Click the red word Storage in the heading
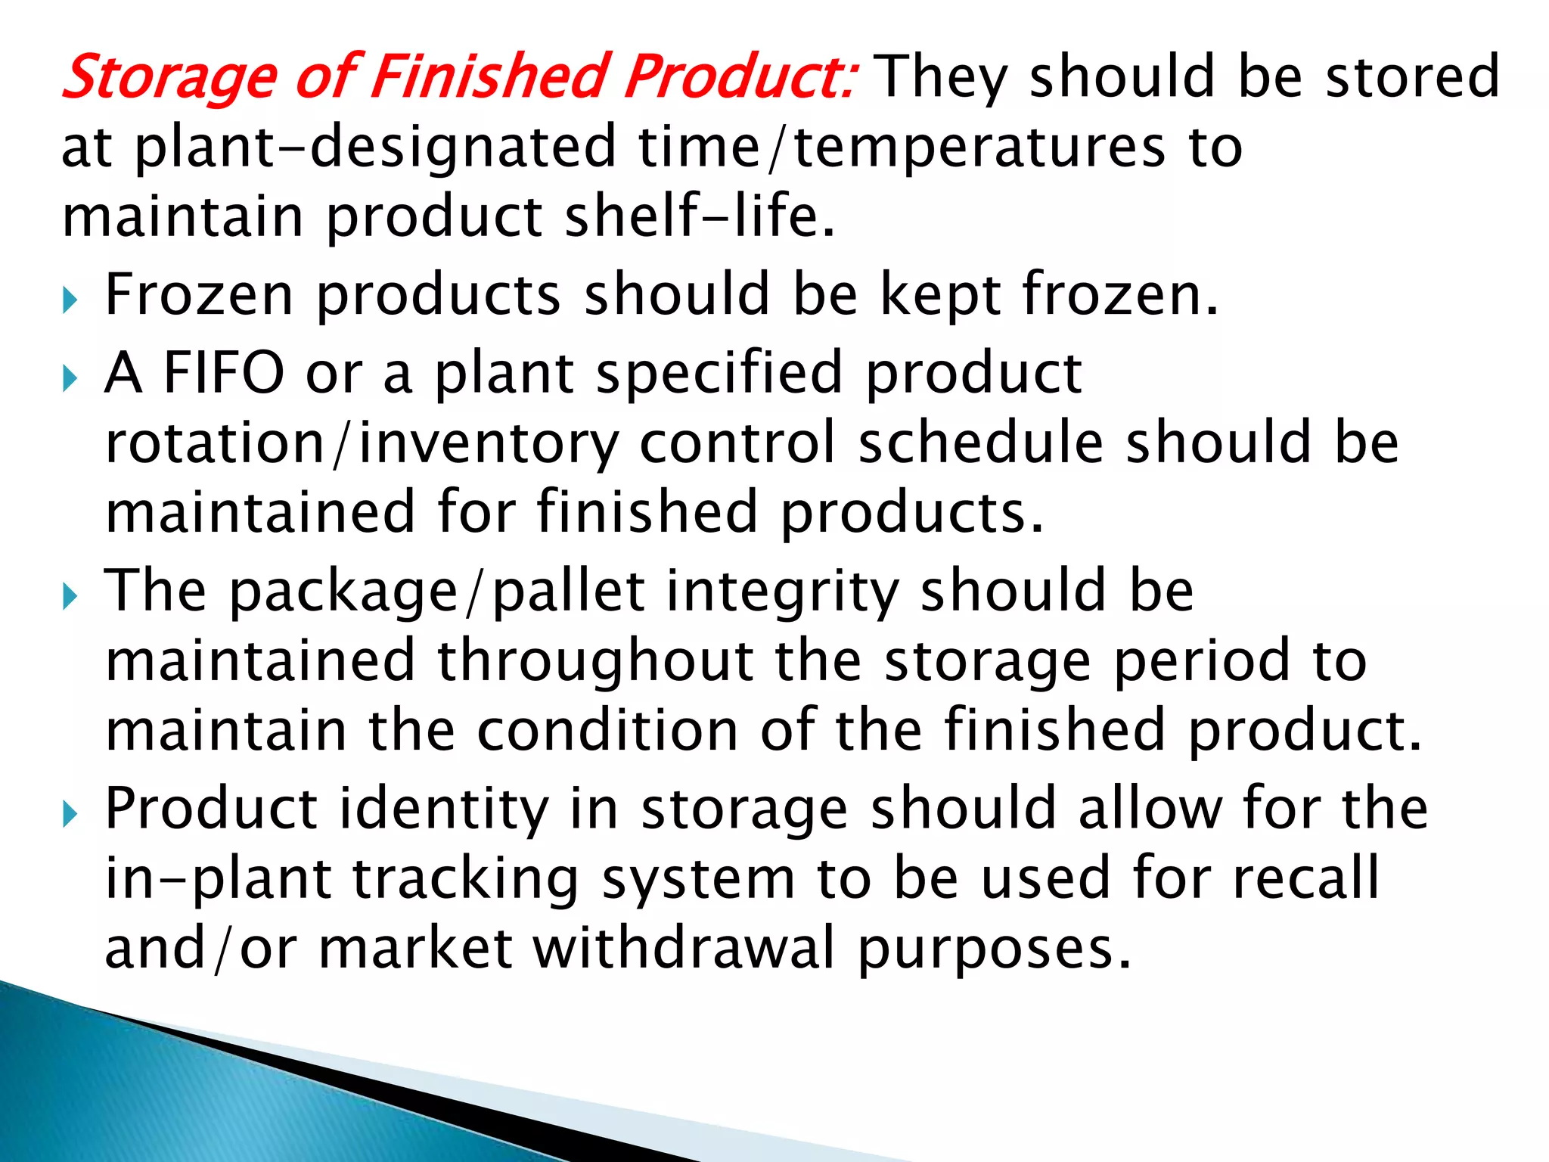[x=169, y=78]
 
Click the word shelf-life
[x=700, y=216]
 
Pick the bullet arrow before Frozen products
[x=70, y=300]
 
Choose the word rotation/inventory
[x=362, y=443]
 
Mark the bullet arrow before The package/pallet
[x=70, y=597]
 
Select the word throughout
[x=595, y=660]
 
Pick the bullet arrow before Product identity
[x=70, y=815]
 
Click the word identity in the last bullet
[x=442, y=809]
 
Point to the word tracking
[x=466, y=878]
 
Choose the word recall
[x=1306, y=878]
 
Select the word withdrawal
[x=684, y=948]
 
